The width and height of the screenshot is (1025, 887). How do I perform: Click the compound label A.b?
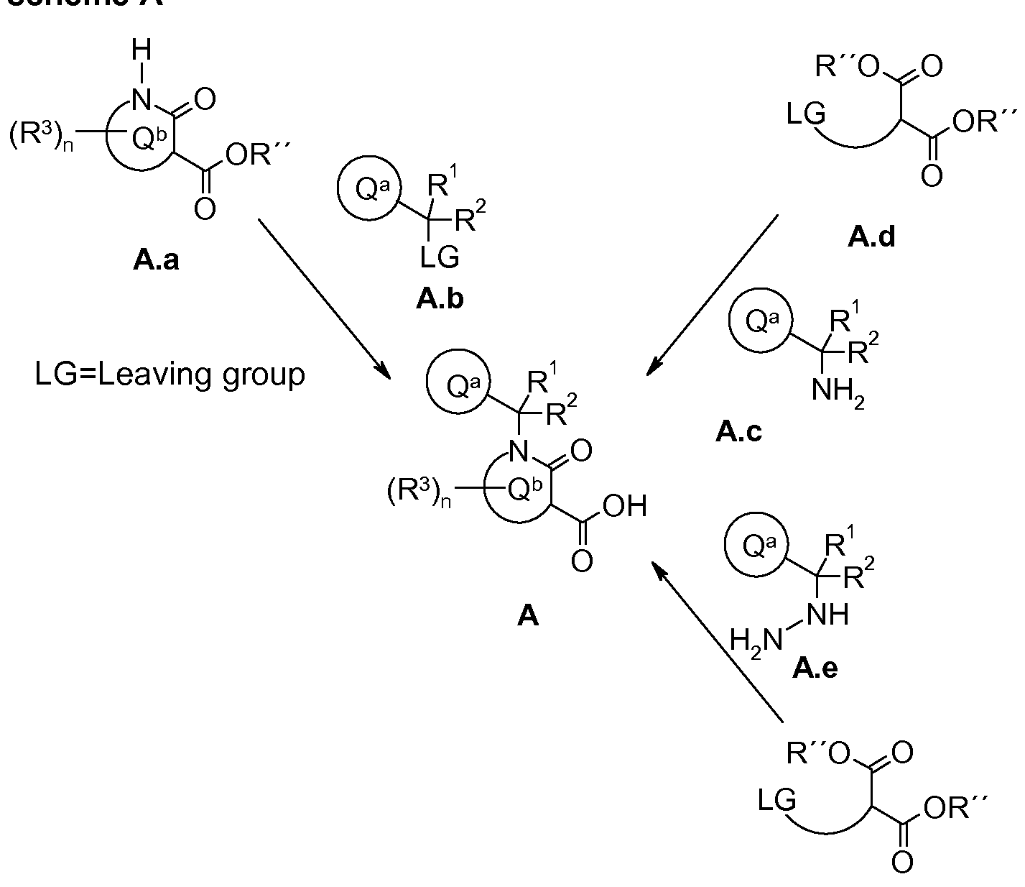pyautogui.click(x=440, y=298)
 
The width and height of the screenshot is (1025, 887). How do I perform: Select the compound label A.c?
pyautogui.click(x=738, y=431)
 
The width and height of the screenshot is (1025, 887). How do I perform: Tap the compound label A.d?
pyautogui.click(x=871, y=236)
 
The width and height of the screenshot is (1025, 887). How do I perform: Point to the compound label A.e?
pyautogui.click(x=815, y=669)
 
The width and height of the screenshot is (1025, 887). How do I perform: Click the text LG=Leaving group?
pyautogui.click(x=170, y=374)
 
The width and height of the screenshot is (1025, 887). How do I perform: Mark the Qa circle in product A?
pyautogui.click(x=458, y=387)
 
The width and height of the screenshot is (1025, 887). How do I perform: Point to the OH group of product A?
pyautogui.click(x=624, y=506)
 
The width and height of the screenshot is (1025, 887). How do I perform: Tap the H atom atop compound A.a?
pyautogui.click(x=143, y=51)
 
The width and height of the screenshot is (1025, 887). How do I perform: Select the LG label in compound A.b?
pyautogui.click(x=440, y=257)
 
